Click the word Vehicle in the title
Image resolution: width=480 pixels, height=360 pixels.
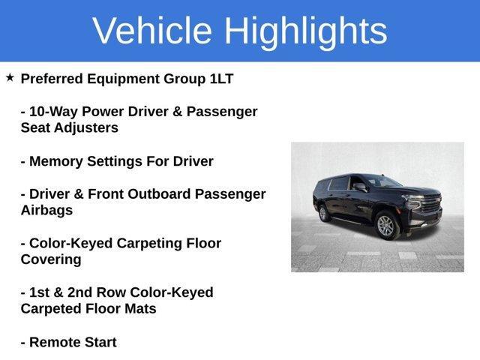(154, 31)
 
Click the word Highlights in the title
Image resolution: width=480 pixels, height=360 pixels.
(305, 31)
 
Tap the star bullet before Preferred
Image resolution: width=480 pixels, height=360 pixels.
(10, 78)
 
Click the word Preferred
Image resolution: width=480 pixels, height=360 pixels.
(53, 79)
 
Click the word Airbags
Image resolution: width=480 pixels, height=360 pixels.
(46, 211)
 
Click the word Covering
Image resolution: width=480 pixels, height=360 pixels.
(51, 260)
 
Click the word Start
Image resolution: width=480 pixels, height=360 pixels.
(100, 342)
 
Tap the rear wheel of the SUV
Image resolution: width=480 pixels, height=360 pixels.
(325, 214)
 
